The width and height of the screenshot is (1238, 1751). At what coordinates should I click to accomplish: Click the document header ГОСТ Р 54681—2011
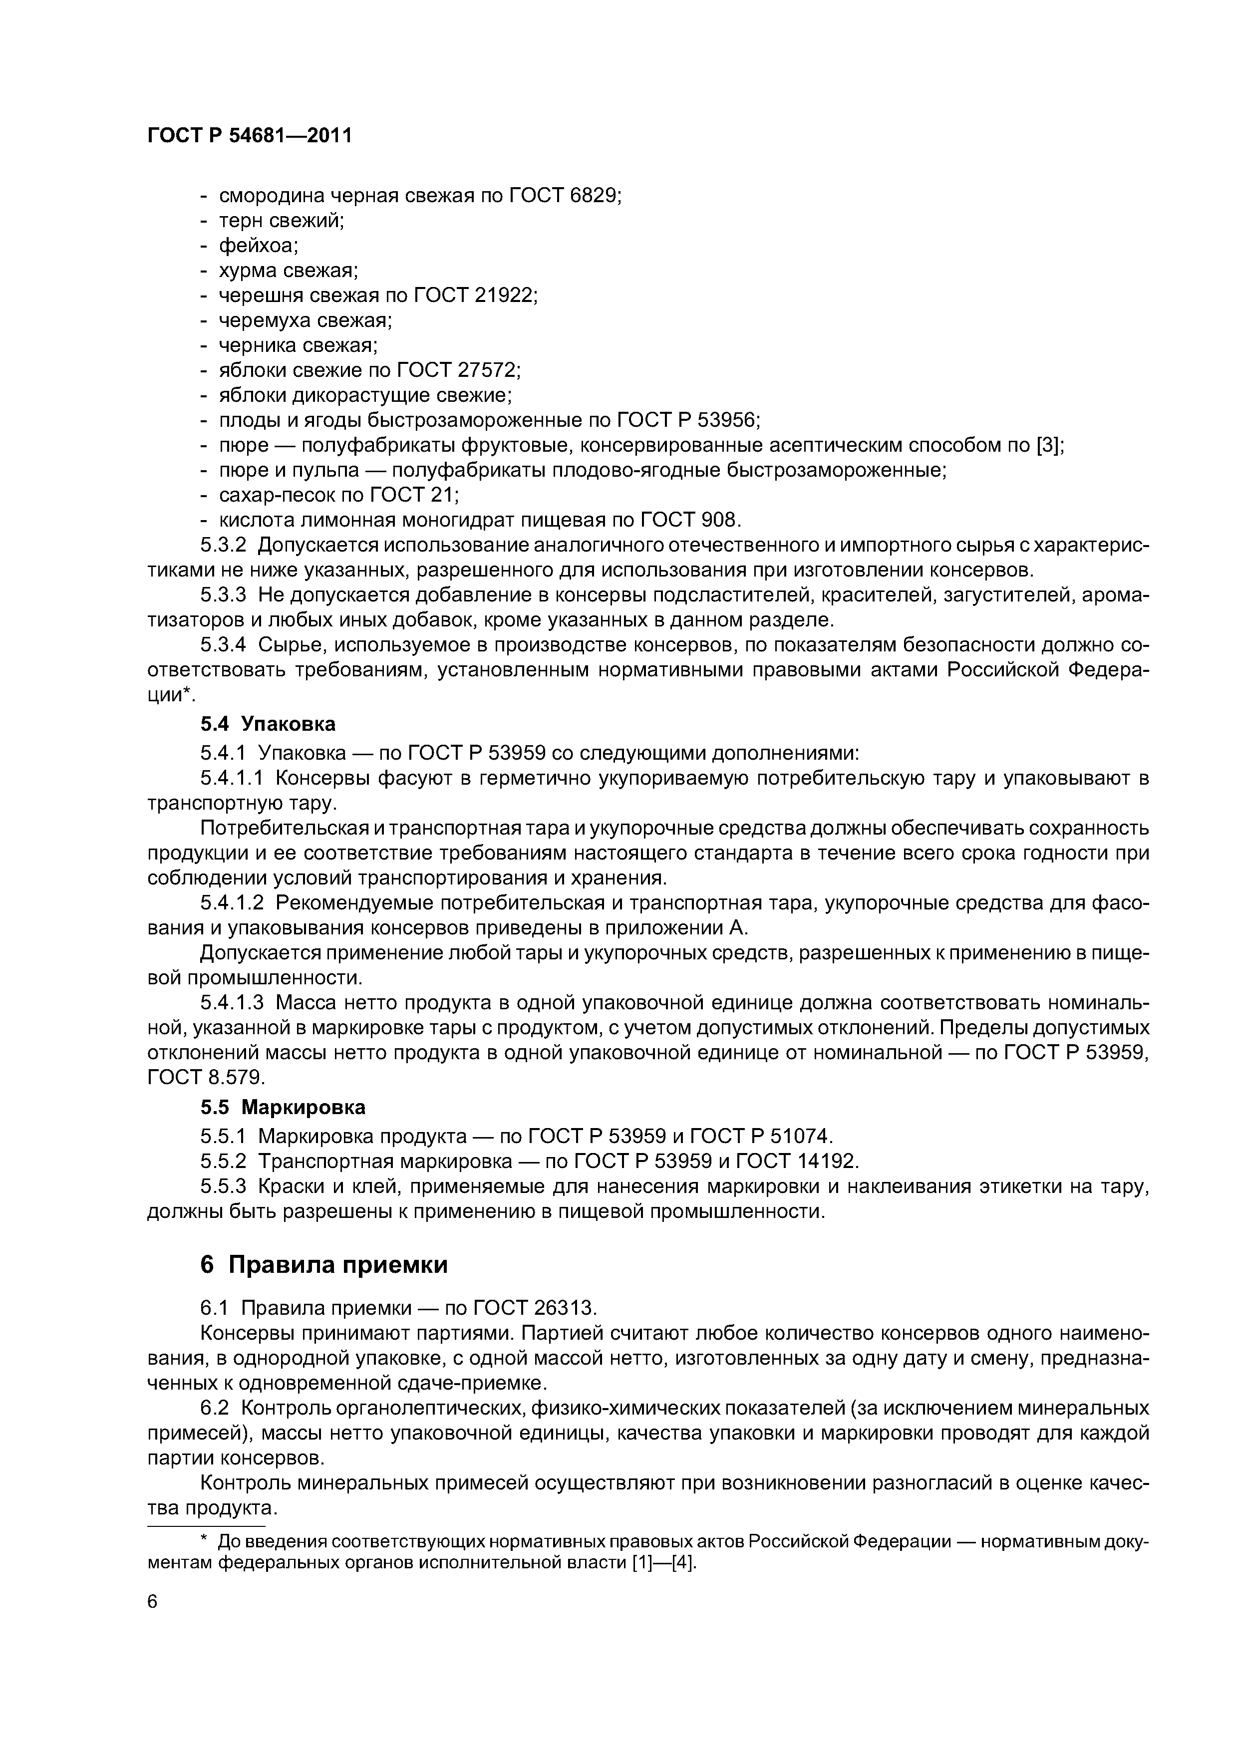pyautogui.click(x=250, y=136)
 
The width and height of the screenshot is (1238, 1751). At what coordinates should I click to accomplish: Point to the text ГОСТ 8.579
pyautogui.click(x=205, y=1078)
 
